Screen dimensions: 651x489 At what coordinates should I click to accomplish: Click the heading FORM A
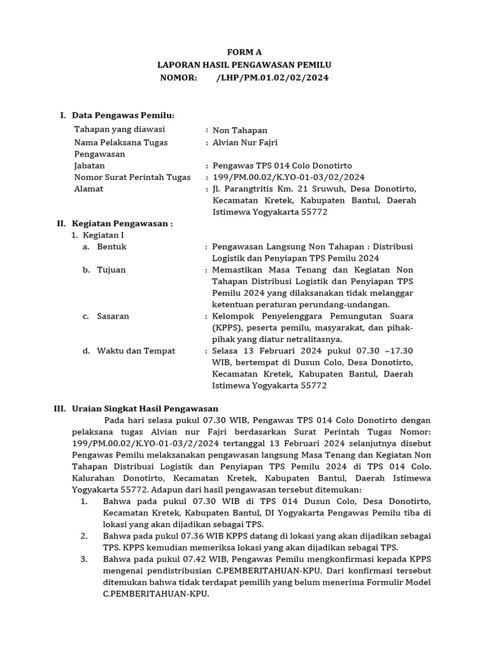[x=244, y=53]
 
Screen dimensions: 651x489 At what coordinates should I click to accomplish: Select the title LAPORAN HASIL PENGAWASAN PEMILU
[x=244, y=65]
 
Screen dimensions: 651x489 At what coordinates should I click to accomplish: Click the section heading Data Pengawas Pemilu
[x=123, y=115]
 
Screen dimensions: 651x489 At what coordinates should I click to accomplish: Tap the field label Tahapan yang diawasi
[x=119, y=130]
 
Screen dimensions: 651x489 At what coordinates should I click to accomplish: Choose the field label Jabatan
[x=90, y=165]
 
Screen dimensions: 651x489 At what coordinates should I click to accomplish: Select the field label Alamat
[x=89, y=189]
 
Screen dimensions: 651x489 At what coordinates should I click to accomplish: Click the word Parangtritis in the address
[x=252, y=189]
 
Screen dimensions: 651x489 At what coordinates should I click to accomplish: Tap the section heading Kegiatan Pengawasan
[x=122, y=224]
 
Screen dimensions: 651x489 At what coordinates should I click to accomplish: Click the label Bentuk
[x=111, y=247]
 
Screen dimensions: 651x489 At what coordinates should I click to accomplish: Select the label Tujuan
[x=111, y=270]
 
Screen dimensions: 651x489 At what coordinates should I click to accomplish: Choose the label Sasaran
[x=113, y=316]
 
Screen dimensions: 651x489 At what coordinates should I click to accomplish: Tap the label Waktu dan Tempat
[x=136, y=351]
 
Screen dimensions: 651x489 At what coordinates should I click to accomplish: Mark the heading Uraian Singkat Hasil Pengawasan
[x=145, y=409]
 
